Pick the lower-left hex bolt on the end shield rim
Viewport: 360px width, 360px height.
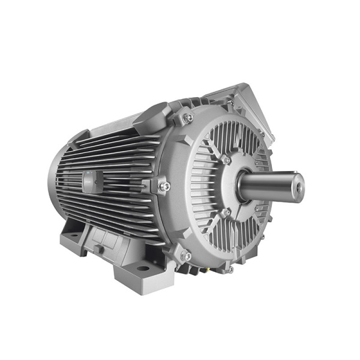point(186,256)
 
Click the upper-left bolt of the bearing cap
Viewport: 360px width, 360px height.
point(226,160)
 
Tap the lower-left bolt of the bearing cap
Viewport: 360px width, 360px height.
point(226,212)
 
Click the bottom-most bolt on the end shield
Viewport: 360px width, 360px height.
point(229,269)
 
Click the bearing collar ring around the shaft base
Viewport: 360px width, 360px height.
point(243,186)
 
